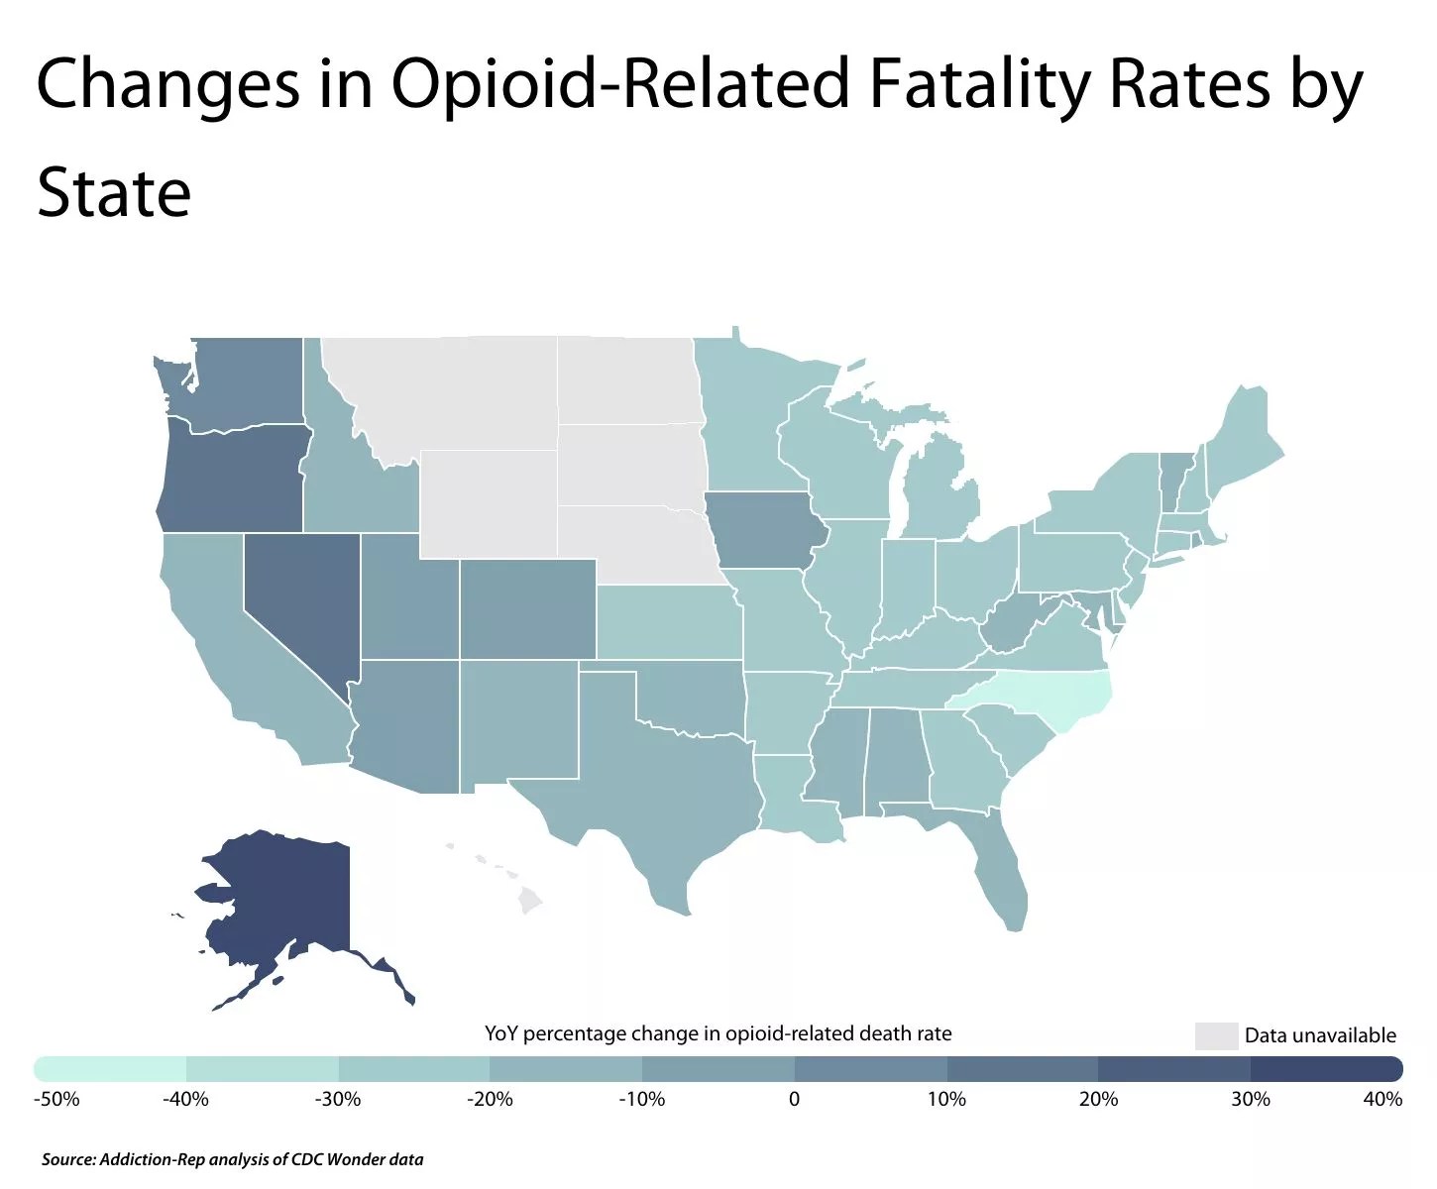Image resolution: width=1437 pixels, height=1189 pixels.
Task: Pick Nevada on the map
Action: click(x=297, y=594)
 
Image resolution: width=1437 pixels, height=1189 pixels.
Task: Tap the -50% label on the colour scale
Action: click(x=55, y=1099)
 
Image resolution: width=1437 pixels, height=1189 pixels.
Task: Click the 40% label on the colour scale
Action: click(x=1382, y=1099)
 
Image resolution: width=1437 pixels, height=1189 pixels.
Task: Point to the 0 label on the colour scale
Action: click(x=794, y=1099)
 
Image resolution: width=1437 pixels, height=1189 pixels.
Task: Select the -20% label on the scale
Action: click(x=490, y=1099)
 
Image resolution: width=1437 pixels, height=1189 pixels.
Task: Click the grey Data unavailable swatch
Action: click(x=1216, y=1035)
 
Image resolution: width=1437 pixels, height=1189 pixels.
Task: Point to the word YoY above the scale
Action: click(x=501, y=1033)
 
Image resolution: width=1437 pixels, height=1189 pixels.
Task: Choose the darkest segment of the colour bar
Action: click(x=1326, y=1069)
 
